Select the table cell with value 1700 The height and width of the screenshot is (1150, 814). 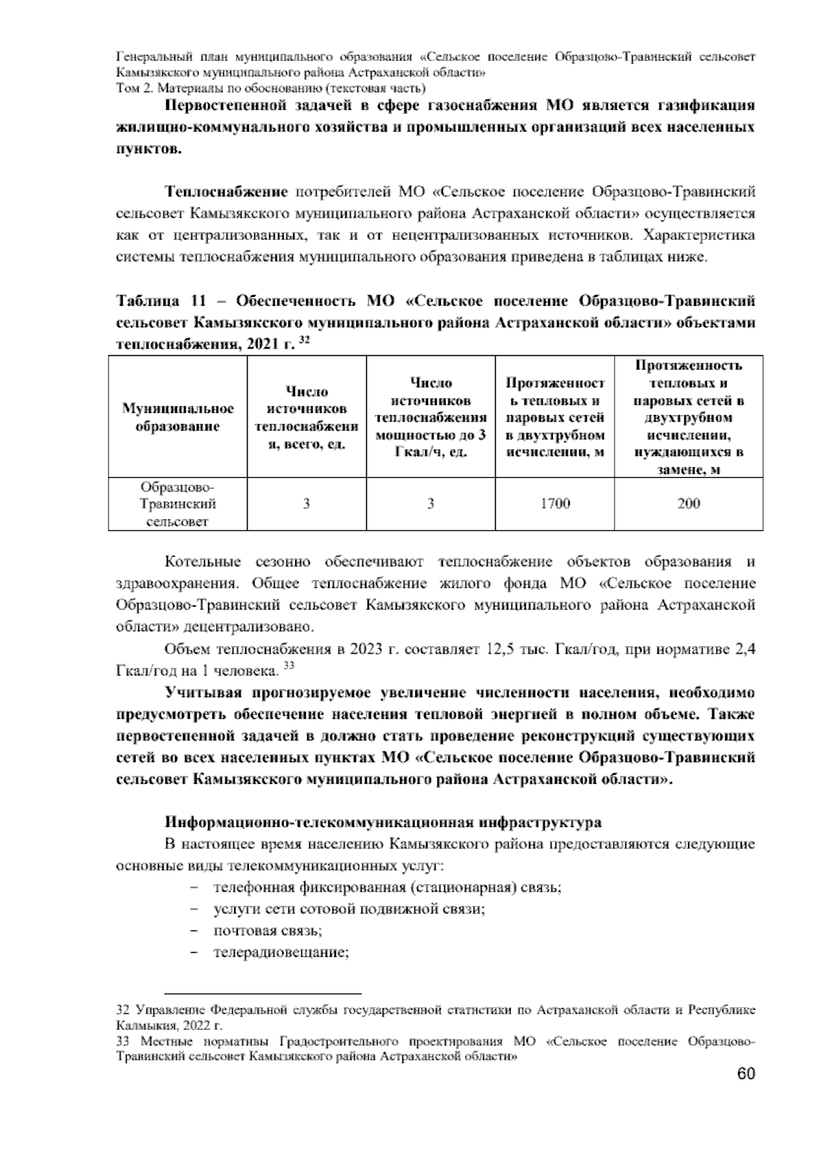pyautogui.click(x=555, y=504)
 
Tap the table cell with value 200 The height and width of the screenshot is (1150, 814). pyautogui.click(x=689, y=504)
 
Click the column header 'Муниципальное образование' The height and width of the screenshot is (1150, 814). pyautogui.click(x=178, y=417)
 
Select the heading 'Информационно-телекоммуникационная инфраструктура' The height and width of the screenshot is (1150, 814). pyautogui.click(x=383, y=822)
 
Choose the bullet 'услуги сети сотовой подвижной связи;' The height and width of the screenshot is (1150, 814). pyautogui.click(x=349, y=909)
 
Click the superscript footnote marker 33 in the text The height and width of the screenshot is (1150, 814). pyautogui.click(x=288, y=667)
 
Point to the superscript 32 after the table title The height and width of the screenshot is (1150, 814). pyautogui.click(x=305, y=339)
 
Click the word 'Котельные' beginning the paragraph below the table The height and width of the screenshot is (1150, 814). pyautogui.click(x=203, y=562)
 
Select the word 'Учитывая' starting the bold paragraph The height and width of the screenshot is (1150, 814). pyautogui.click(x=203, y=693)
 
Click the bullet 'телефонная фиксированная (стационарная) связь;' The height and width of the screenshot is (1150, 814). pyautogui.click(x=387, y=888)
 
